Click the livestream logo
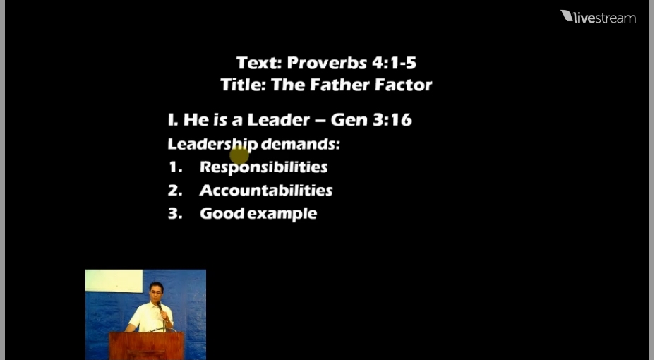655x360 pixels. pyautogui.click(x=599, y=17)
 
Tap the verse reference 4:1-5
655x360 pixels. pyautogui.click(x=395, y=63)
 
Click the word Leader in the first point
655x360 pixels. pyautogui.click(x=279, y=120)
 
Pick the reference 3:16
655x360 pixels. pyautogui.click(x=392, y=120)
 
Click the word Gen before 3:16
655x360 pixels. pyautogui.click(x=349, y=120)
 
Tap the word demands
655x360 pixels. pyautogui.click(x=301, y=144)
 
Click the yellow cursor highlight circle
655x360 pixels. pyautogui.click(x=239, y=156)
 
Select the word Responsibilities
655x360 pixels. pyautogui.click(x=263, y=167)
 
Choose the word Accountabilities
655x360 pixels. pyautogui.click(x=266, y=191)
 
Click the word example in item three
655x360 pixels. pyautogui.click(x=282, y=215)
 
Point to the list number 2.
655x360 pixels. pyautogui.click(x=175, y=191)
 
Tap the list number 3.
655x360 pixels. pyautogui.click(x=175, y=214)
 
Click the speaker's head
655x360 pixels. pyautogui.click(x=156, y=290)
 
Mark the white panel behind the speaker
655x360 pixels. pyautogui.click(x=114, y=281)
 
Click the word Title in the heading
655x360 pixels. pyautogui.click(x=243, y=85)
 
